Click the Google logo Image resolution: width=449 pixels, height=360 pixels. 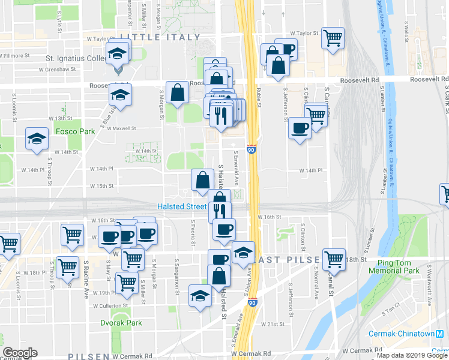pyautogui.click(x=19, y=353)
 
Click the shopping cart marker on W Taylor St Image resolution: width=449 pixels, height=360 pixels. pyautogui.click(x=332, y=38)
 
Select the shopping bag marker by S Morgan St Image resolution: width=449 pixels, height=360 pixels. pyautogui.click(x=178, y=93)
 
